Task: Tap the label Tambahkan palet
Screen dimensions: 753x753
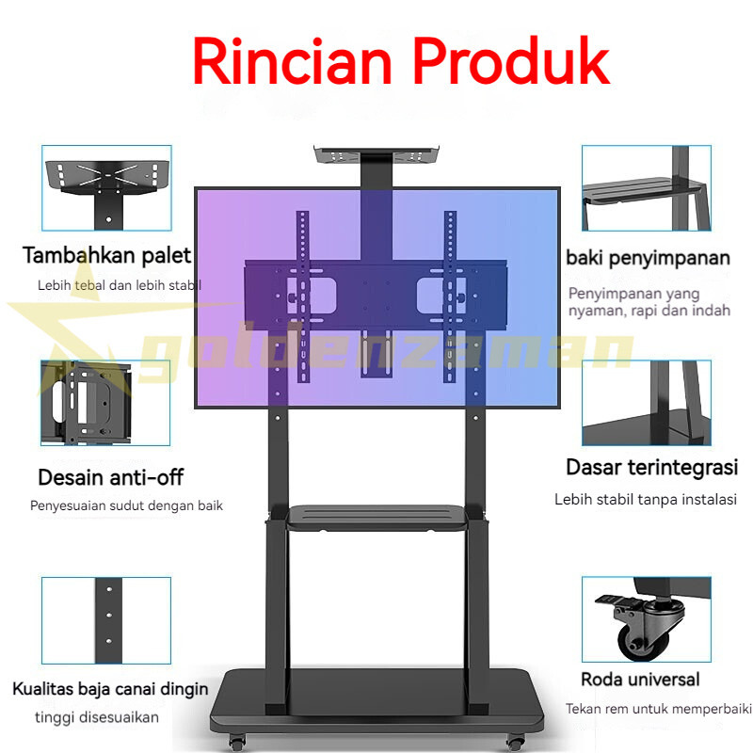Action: [107, 255]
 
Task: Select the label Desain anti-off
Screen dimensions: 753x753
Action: [111, 477]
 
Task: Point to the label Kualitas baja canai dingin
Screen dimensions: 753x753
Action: [110, 688]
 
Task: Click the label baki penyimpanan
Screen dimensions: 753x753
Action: [648, 258]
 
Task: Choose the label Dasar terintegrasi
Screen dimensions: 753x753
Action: [651, 468]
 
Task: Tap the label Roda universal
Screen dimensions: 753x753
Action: [640, 679]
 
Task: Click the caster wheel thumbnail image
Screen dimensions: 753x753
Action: [646, 619]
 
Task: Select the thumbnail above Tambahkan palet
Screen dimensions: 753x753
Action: [106, 187]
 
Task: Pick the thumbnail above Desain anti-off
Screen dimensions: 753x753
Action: [105, 403]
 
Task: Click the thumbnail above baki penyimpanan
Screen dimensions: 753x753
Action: [646, 187]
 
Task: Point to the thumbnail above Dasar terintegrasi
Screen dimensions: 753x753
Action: [646, 403]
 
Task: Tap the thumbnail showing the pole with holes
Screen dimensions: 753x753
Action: [106, 619]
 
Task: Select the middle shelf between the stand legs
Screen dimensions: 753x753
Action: [376, 515]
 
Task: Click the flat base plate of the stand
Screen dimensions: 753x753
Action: [376, 701]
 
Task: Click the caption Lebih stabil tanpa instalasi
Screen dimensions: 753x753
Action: [645, 499]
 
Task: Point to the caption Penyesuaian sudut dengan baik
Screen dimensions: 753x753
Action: [126, 505]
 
